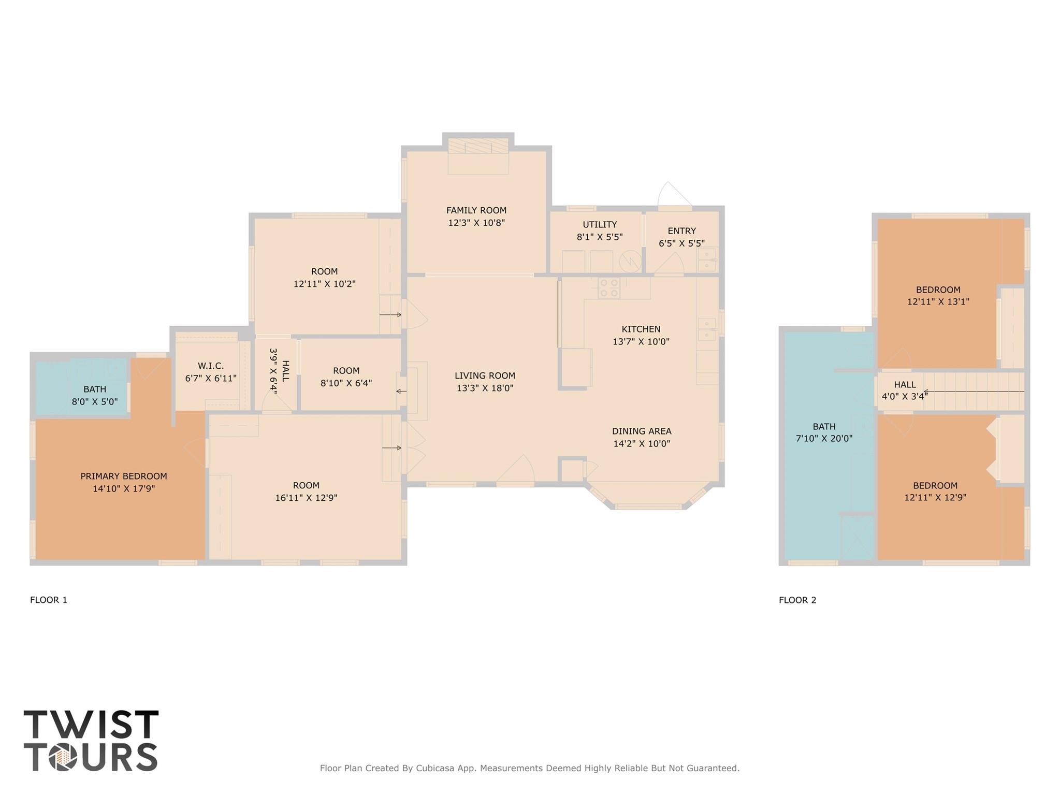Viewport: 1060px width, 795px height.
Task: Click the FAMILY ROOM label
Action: pyautogui.click(x=476, y=210)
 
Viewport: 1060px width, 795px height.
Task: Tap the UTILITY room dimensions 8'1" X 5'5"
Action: pyautogui.click(x=600, y=237)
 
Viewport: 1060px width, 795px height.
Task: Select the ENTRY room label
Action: pyautogui.click(x=681, y=231)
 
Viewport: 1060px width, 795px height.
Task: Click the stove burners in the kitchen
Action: pyautogui.click(x=608, y=288)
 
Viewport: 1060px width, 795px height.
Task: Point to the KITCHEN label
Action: pyautogui.click(x=641, y=329)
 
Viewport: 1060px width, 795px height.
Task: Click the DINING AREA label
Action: pyautogui.click(x=641, y=431)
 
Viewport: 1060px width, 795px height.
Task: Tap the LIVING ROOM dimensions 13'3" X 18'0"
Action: pyautogui.click(x=485, y=388)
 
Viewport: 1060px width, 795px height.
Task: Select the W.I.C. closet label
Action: pyautogui.click(x=211, y=366)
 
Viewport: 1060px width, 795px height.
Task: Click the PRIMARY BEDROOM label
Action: pyautogui.click(x=124, y=476)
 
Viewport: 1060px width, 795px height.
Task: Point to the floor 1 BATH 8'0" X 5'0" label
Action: pyautogui.click(x=95, y=395)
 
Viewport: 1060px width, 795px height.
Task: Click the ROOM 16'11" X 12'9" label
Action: pyautogui.click(x=306, y=492)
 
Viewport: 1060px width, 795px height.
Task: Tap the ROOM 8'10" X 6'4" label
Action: pyautogui.click(x=346, y=377)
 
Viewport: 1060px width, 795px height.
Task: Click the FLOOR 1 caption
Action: pyautogui.click(x=49, y=600)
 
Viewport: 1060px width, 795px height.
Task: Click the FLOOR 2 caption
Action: pyautogui.click(x=797, y=600)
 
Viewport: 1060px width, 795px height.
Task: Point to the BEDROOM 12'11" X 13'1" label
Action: pyautogui.click(x=938, y=296)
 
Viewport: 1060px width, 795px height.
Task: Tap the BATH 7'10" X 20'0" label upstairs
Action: pyautogui.click(x=824, y=432)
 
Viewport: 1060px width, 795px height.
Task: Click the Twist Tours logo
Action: pyautogui.click(x=91, y=741)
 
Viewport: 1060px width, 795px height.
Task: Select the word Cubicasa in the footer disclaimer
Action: pyautogui.click(x=435, y=768)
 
